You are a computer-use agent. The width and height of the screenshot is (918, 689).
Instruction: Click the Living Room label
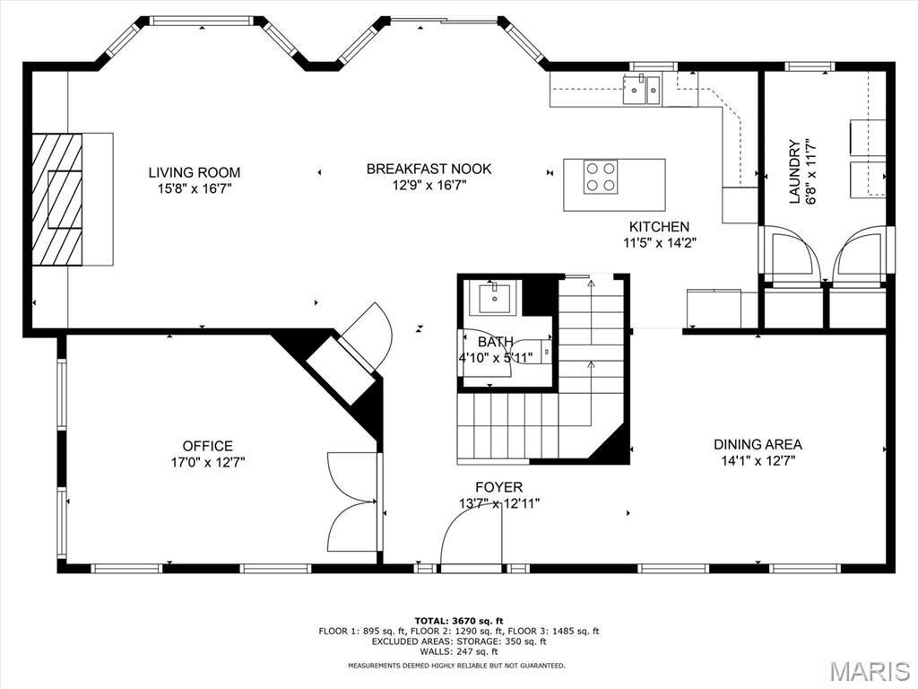click(195, 172)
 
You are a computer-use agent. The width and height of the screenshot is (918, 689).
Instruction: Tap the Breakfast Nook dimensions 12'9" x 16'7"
click(429, 186)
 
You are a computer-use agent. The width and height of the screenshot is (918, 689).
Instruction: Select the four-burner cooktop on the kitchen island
click(601, 177)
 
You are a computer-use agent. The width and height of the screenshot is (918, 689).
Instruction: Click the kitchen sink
click(642, 89)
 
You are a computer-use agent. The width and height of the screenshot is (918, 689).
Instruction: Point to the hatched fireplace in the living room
click(56, 200)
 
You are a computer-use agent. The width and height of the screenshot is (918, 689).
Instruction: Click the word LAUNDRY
click(794, 171)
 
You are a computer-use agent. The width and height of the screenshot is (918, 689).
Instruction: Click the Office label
click(207, 446)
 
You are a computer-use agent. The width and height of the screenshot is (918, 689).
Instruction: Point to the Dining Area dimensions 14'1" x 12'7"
click(758, 460)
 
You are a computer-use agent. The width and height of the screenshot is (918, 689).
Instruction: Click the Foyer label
click(498, 487)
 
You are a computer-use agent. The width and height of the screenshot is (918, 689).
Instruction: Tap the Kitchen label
click(659, 227)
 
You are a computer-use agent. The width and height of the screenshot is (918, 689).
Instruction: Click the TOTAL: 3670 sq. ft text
click(459, 621)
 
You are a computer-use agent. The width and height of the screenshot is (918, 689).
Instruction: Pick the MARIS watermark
click(870, 671)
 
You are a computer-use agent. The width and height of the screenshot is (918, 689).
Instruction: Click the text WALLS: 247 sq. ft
click(459, 651)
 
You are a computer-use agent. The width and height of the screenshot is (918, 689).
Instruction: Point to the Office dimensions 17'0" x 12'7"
click(207, 462)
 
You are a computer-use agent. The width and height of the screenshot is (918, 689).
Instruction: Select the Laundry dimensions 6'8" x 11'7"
click(810, 171)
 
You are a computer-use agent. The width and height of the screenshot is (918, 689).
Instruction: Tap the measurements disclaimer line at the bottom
click(456, 666)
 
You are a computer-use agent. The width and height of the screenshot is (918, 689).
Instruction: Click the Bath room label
click(495, 342)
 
